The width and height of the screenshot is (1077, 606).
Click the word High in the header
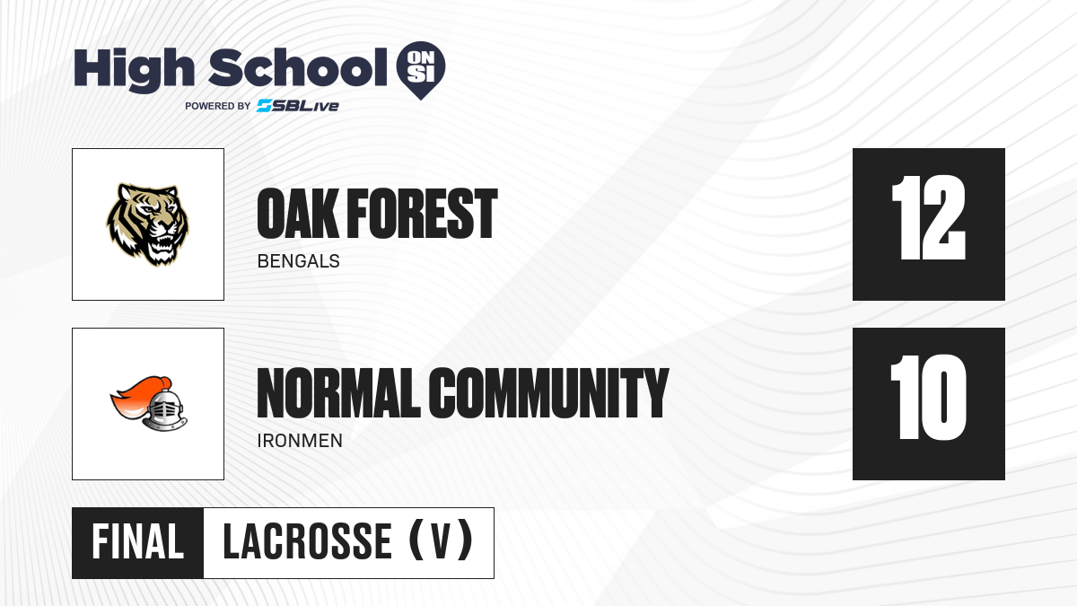[134, 69]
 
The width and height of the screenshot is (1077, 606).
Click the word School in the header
[298, 66]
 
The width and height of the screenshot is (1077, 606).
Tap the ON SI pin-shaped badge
[421, 70]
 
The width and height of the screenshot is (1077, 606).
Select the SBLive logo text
[298, 106]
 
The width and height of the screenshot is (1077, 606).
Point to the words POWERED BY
[218, 106]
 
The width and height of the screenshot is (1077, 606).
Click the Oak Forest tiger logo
[147, 224]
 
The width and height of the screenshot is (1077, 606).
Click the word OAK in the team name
[297, 214]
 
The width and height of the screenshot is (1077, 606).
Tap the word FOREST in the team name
[422, 214]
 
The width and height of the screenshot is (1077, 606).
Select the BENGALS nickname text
[299, 261]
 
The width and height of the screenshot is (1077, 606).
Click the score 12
[928, 218]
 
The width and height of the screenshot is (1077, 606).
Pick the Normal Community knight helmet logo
[149, 403]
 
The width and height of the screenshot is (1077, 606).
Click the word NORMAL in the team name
[338, 393]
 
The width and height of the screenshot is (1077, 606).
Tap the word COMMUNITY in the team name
[548, 393]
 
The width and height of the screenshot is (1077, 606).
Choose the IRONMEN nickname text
[300, 441]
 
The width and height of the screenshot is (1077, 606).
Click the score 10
[928, 397]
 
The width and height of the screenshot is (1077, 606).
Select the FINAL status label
[138, 542]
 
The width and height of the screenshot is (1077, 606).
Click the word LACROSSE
[307, 542]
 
